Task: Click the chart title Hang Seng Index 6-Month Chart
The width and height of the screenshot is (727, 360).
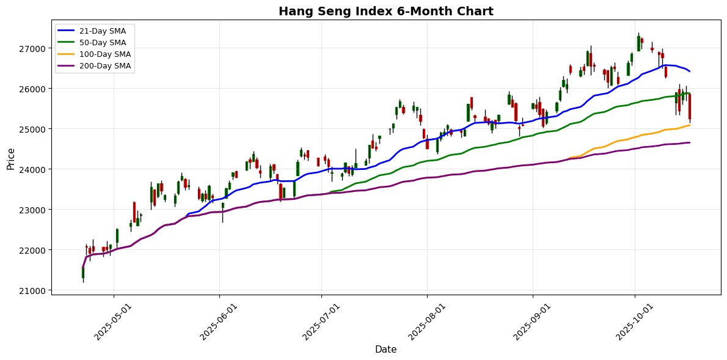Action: click(x=385, y=12)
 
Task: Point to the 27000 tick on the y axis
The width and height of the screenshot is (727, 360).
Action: click(x=34, y=48)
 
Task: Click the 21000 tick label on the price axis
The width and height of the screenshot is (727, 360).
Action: click(x=34, y=290)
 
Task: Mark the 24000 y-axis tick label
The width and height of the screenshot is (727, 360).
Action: click(x=34, y=169)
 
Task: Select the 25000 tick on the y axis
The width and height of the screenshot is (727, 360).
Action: click(x=34, y=129)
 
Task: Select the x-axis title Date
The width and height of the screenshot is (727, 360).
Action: click(x=385, y=350)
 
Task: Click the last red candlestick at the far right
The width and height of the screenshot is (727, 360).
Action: click(x=689, y=107)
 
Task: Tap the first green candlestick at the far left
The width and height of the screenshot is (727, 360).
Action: click(x=83, y=273)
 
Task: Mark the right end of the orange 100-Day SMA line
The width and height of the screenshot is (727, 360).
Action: click(x=690, y=125)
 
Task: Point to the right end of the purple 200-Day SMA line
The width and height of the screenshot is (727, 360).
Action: click(x=690, y=142)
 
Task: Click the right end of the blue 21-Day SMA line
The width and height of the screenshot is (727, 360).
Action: click(x=690, y=72)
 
